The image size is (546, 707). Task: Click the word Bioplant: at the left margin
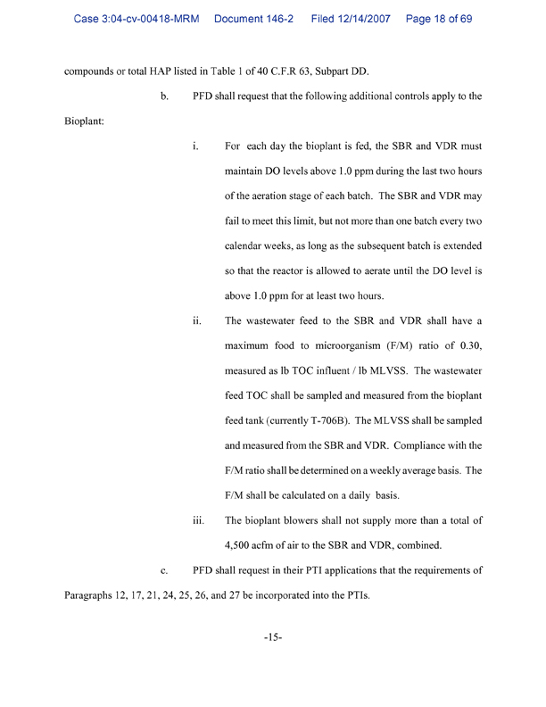coord(85,146)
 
